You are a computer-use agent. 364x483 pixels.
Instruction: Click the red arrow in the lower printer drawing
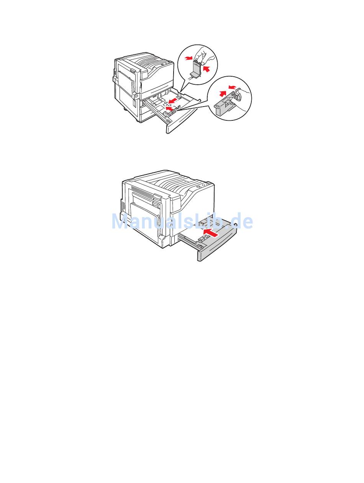211,233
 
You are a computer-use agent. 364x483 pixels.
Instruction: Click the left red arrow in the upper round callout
188,58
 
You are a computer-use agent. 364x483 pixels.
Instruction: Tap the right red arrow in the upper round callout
206,69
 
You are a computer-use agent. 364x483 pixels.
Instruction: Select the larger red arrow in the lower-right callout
223,93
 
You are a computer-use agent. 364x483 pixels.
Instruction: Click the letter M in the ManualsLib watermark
121,221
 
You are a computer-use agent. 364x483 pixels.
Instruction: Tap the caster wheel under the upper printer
125,109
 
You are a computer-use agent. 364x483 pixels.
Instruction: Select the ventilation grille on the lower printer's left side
123,206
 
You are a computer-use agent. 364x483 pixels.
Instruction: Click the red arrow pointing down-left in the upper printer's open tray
173,101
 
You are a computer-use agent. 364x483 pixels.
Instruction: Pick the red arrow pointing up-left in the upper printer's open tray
170,108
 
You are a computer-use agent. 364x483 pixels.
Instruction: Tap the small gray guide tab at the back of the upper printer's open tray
180,94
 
